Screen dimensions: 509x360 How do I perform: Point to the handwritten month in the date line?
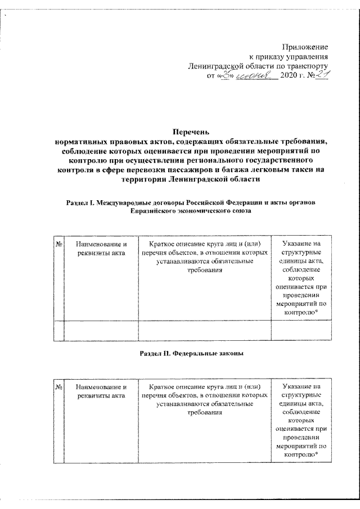[x=255, y=77]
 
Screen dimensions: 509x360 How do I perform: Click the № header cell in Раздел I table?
[x=58, y=244]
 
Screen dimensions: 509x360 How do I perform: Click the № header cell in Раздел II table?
[x=58, y=388]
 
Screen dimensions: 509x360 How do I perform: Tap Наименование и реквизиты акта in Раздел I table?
[x=101, y=249]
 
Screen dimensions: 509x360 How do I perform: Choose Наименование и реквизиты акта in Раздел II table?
[x=101, y=392]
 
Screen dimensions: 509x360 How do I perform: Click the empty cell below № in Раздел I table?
[x=58, y=330]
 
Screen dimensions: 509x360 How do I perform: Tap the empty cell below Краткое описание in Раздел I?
[x=205, y=330]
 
